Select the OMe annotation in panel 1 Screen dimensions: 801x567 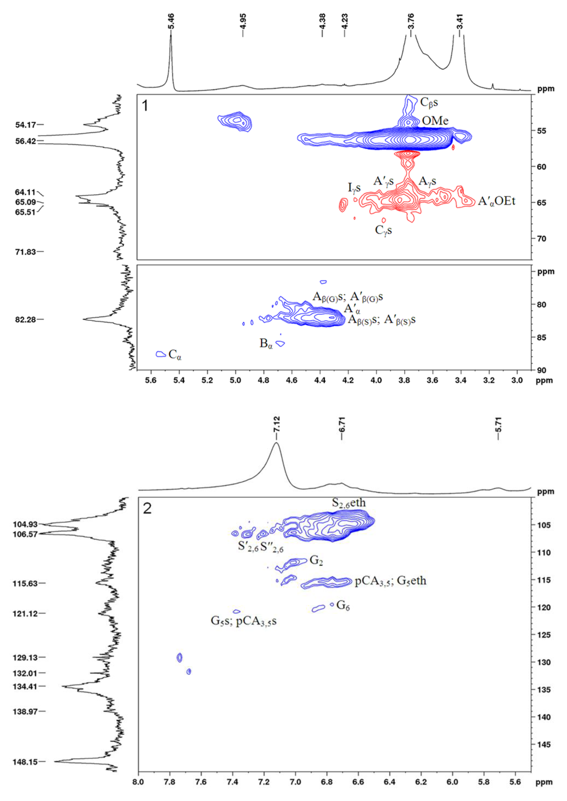435,121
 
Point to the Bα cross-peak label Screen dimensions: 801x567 266,344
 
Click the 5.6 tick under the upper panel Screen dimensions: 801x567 151,380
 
